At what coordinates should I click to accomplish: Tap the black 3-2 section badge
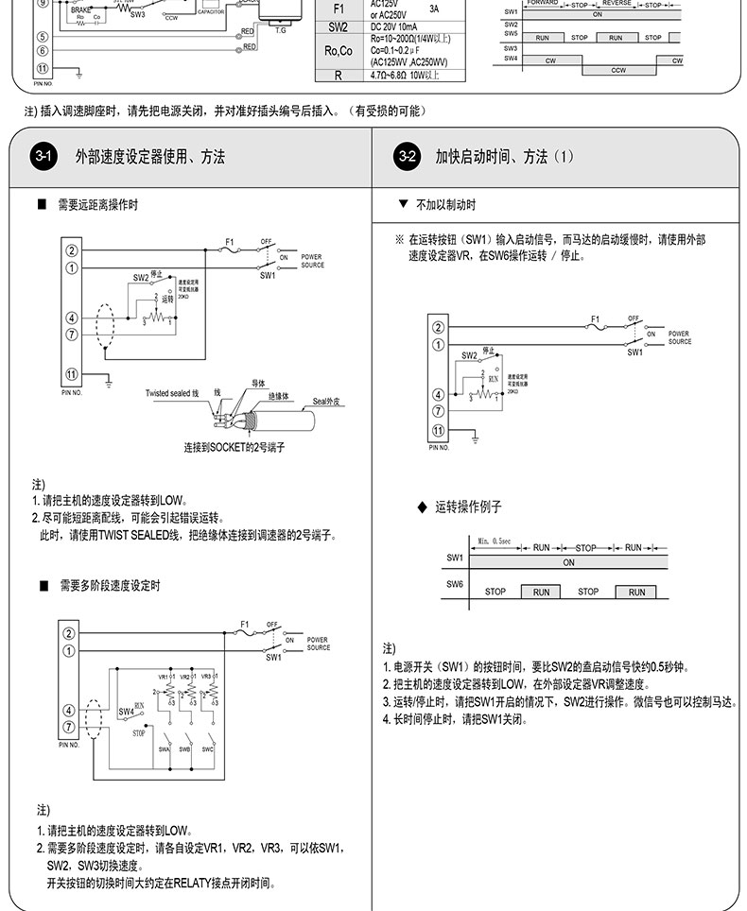point(406,156)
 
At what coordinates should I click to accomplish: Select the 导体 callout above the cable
point(258,383)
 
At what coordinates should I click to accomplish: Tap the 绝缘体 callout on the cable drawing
point(278,394)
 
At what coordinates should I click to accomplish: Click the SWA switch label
point(164,749)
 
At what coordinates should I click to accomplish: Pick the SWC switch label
point(207,749)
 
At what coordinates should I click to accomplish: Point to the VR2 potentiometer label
point(184,678)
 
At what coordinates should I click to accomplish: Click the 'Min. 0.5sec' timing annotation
point(494,541)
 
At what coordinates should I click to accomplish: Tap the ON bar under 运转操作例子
point(568,562)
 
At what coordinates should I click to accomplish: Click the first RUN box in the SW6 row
point(541,592)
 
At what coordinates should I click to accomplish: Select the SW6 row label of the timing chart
point(455,585)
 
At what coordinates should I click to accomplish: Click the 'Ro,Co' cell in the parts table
point(338,50)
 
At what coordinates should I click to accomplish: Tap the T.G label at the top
point(280,30)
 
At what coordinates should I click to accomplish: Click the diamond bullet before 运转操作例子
point(423,507)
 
